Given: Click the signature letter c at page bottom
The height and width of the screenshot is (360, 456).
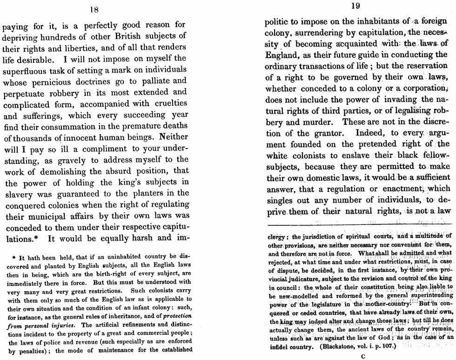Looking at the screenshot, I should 362,356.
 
